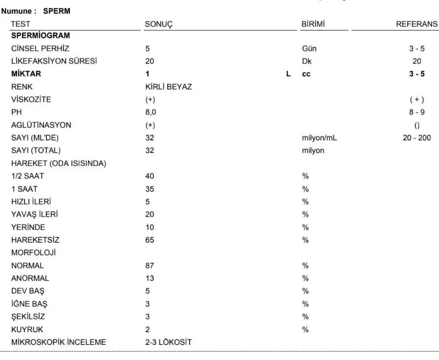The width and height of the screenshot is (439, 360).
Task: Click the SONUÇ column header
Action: coord(159,24)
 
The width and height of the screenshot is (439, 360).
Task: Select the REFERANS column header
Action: coord(417,24)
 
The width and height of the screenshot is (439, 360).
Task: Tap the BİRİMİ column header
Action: coord(313,24)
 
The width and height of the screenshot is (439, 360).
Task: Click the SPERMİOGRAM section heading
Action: coord(41,36)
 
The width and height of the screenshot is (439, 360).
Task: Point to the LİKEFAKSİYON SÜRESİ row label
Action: coord(54,61)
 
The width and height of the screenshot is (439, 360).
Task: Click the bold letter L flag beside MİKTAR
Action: coord(288,74)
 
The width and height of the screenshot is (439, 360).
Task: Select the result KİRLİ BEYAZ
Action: coord(169,87)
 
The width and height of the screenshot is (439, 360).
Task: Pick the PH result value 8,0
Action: coord(151,112)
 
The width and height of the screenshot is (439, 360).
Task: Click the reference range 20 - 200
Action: coord(417,138)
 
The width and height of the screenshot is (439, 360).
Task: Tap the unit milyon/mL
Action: coord(319,138)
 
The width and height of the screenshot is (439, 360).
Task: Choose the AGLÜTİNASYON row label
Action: coord(41,125)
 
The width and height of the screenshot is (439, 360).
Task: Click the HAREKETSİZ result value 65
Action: coord(150,240)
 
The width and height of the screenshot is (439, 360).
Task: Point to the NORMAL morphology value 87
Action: coord(150,266)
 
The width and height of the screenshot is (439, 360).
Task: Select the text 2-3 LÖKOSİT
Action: coord(168,342)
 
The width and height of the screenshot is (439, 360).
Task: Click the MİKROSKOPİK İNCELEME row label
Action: coord(59,342)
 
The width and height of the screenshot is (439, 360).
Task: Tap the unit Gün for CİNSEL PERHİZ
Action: coord(309,48)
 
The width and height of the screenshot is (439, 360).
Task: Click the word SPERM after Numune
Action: coord(57,11)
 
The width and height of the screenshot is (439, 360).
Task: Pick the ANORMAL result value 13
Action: coord(150,278)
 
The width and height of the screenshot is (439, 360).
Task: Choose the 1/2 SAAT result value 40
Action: coord(150,176)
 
